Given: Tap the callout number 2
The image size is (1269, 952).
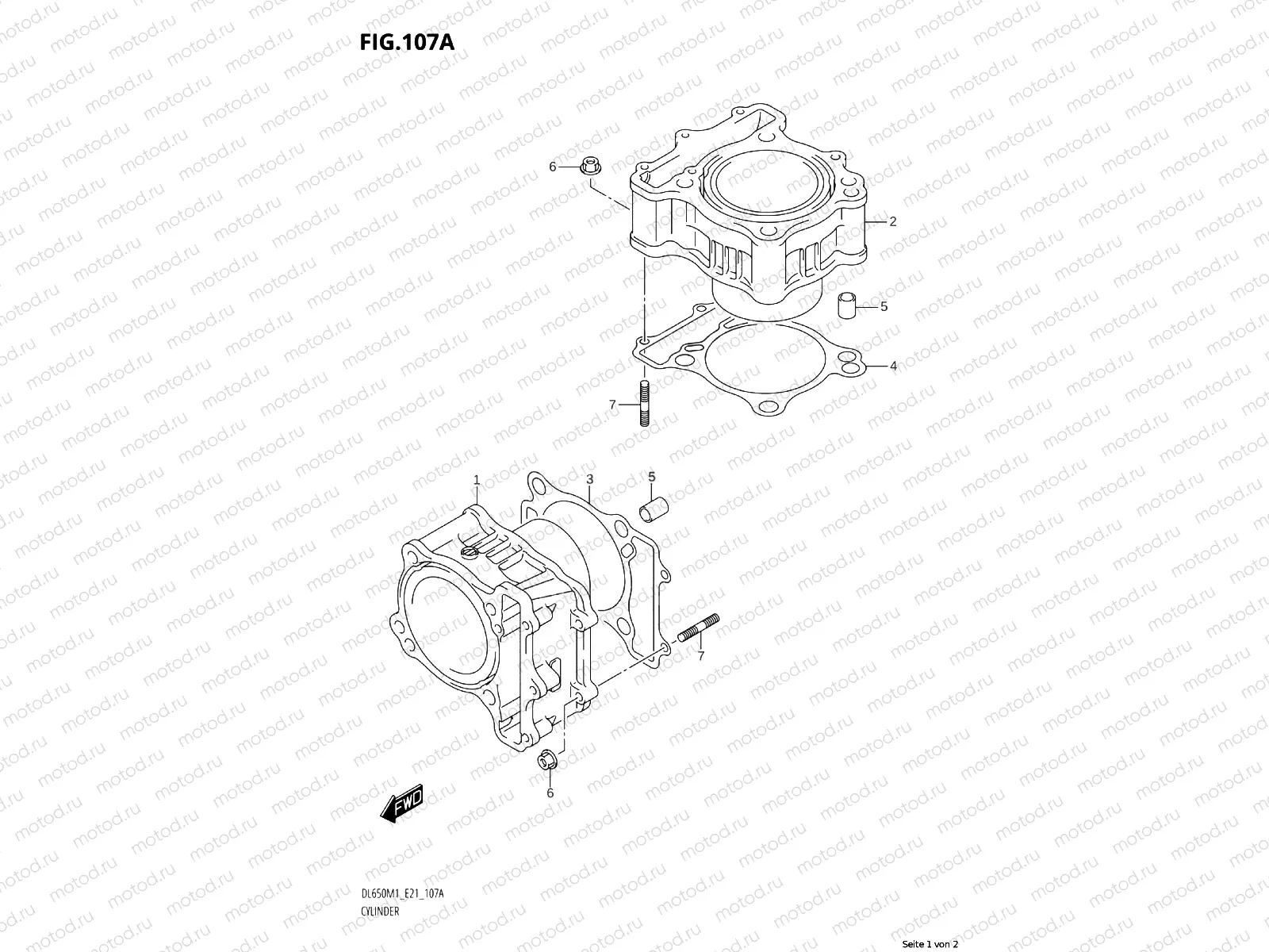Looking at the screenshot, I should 892,222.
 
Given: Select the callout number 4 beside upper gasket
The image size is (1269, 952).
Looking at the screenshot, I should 893,366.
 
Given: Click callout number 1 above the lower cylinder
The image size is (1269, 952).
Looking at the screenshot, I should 477,480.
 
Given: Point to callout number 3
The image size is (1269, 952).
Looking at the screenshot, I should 589,479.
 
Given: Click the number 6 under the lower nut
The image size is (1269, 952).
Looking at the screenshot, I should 550,793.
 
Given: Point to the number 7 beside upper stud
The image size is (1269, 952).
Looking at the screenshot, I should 612,405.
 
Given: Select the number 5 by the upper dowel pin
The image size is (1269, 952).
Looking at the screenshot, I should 884,306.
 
